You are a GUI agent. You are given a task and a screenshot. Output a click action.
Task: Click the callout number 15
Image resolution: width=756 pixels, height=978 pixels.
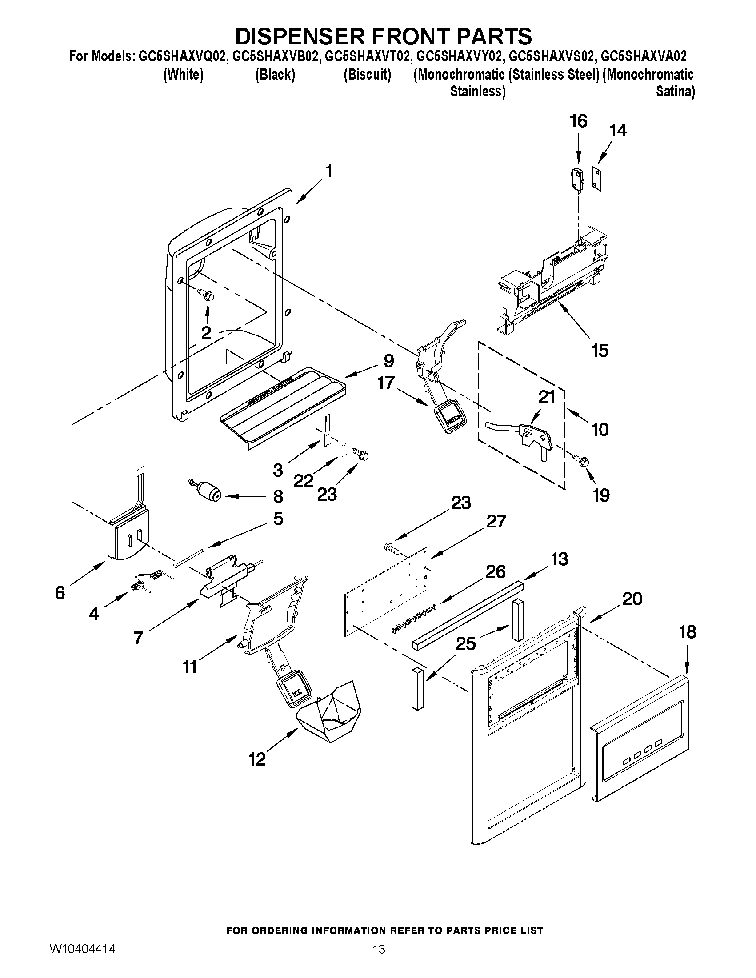[x=599, y=350]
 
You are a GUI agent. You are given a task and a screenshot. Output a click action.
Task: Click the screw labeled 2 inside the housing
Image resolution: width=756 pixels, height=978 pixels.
[x=208, y=294]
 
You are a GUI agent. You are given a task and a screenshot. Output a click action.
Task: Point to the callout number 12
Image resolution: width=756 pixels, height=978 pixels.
[x=257, y=758]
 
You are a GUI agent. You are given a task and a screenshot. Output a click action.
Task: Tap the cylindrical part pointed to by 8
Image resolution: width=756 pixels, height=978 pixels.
[x=209, y=491]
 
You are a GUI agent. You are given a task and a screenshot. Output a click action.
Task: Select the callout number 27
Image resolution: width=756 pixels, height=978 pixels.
[x=496, y=521]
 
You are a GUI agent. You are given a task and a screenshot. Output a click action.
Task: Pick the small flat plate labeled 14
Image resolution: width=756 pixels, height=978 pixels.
[x=596, y=178]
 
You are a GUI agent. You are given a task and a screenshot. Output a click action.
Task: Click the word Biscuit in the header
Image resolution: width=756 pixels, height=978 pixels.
[x=367, y=75]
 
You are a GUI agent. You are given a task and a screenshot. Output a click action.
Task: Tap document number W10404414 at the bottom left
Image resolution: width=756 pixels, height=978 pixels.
[x=82, y=948]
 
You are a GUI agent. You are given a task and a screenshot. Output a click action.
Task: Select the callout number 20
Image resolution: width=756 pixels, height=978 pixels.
[x=632, y=598]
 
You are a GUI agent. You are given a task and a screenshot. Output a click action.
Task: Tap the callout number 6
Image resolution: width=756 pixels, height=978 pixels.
[x=60, y=593]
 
